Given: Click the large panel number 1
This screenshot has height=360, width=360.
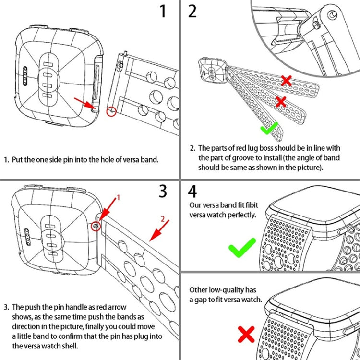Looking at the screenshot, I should coord(164,11).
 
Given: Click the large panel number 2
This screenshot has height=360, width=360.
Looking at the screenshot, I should coord(192,11).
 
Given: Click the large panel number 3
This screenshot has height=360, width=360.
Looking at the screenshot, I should coord(163,191).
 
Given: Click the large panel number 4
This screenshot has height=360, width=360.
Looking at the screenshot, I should coord(192,191).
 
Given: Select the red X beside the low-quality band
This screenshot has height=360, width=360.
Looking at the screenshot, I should coord(246,335).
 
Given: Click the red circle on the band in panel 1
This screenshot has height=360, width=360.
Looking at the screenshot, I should coord(111,111).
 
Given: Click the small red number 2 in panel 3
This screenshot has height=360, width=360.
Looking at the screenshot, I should coord(163,219).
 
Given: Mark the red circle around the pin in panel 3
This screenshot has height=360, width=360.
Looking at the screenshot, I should coord(96,225).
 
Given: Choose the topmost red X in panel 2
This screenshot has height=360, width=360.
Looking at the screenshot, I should coord(287,81).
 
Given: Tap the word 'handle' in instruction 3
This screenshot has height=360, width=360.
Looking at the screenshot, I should coord(74,307).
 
